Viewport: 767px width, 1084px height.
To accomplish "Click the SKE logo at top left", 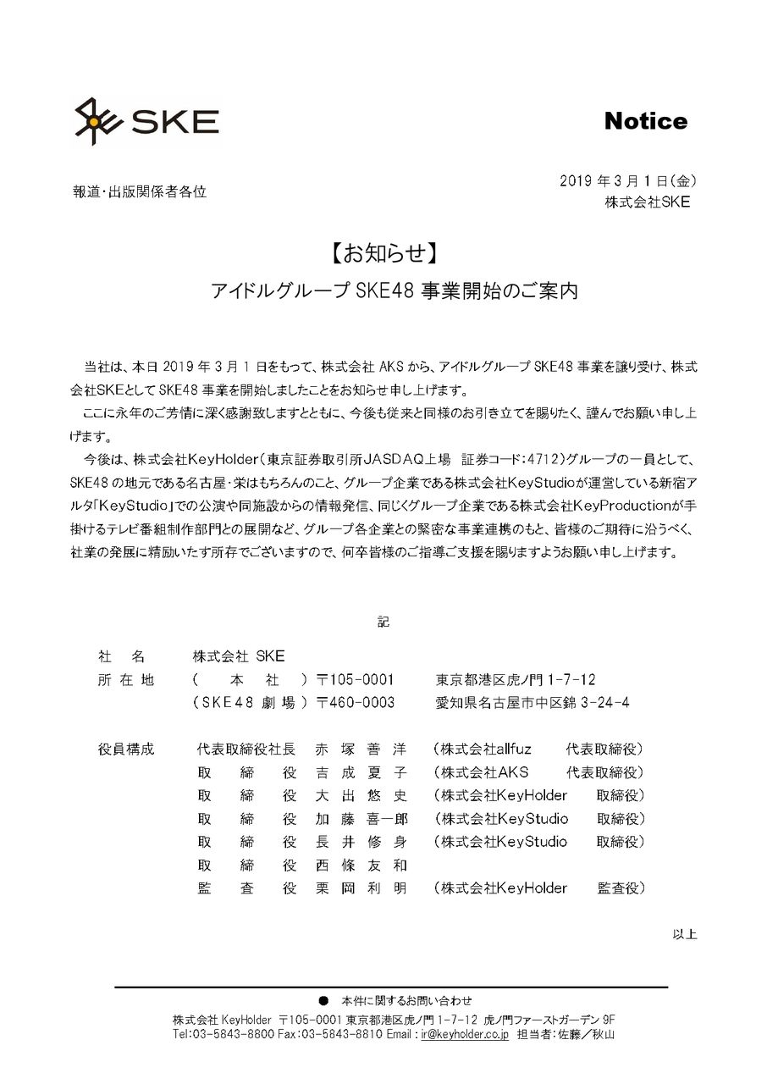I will pyautogui.click(x=146, y=121).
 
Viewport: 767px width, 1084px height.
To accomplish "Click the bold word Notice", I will pyautogui.click(x=645, y=121).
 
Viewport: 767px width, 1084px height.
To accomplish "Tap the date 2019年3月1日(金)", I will pyautogui.click(x=628, y=180).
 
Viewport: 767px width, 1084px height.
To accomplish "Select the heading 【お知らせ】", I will pyautogui.click(x=383, y=253).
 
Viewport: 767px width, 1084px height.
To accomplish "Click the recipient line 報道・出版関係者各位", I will pyautogui.click(x=140, y=191).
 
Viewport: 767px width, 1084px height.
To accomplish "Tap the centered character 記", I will pyautogui.click(x=383, y=621).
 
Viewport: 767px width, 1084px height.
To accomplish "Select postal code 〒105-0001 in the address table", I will pyautogui.click(x=356, y=680).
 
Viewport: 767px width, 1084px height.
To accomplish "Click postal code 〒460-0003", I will pyautogui.click(x=356, y=703).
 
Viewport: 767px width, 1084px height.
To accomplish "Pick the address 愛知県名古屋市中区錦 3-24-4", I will pyautogui.click(x=532, y=703).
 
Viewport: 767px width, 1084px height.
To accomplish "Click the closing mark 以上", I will pyautogui.click(x=684, y=934).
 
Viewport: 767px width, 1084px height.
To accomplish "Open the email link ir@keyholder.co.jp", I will pyautogui.click(x=465, y=1035).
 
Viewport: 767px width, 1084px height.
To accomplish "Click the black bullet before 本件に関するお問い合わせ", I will pyautogui.click(x=323, y=1000).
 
